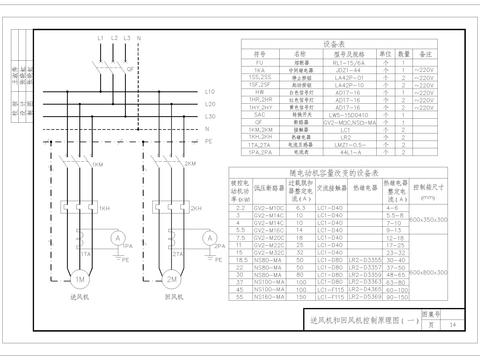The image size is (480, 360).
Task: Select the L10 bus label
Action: point(209,92)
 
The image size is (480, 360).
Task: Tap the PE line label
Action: point(208,142)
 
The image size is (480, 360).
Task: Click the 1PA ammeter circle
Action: point(117,242)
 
